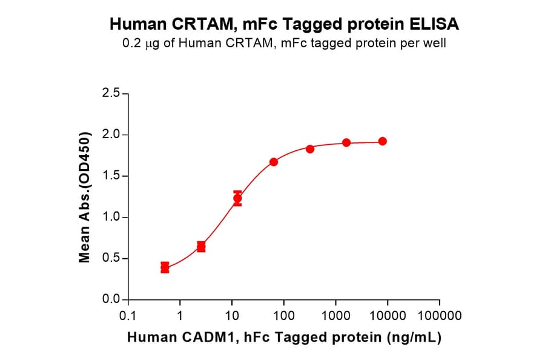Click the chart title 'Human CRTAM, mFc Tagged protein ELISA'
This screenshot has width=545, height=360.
point(284,24)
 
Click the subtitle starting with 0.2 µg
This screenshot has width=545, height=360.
point(284,44)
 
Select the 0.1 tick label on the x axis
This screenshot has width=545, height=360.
point(128,316)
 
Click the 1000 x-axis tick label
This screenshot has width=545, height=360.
point(335,316)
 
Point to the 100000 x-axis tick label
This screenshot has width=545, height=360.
point(440,316)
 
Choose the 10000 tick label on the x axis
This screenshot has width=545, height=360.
point(388,316)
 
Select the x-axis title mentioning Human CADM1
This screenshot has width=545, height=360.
point(284,338)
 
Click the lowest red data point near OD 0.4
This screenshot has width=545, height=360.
point(165,267)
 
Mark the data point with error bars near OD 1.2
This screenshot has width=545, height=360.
point(237,198)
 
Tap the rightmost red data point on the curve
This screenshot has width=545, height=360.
point(383,141)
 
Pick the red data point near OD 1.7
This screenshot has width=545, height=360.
point(274,162)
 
